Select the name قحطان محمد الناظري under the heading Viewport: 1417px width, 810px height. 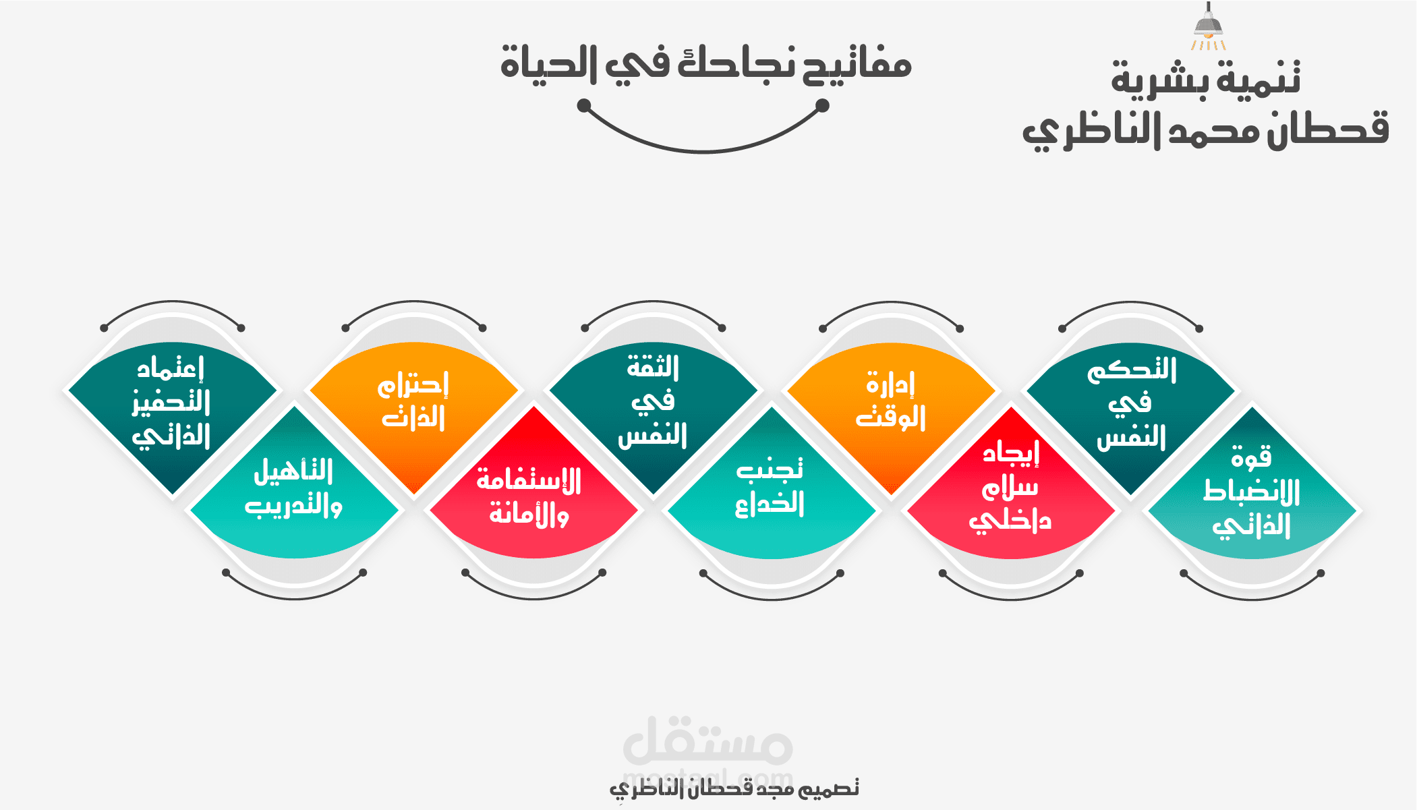pyautogui.click(x=1205, y=129)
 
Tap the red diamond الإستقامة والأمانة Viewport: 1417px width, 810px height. pyautogui.click(x=529, y=496)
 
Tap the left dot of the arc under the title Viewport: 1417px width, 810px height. pyautogui.click(x=584, y=105)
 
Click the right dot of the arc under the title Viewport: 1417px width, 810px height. pyautogui.click(x=822, y=105)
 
